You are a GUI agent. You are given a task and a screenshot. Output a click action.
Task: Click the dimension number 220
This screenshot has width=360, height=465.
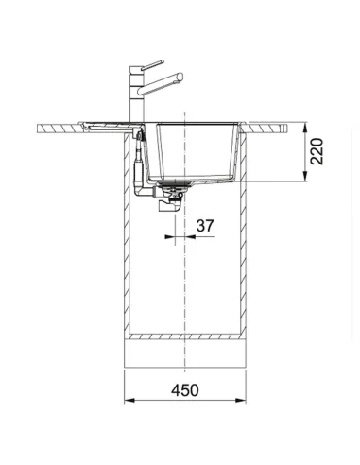tap(318, 150)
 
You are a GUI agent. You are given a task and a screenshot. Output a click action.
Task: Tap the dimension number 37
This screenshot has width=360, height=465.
tap(205, 226)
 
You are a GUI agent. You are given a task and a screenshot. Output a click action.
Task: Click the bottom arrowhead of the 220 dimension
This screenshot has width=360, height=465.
tap(303, 181)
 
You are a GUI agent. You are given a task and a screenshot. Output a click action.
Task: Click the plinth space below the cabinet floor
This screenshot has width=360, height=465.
tap(188, 354)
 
